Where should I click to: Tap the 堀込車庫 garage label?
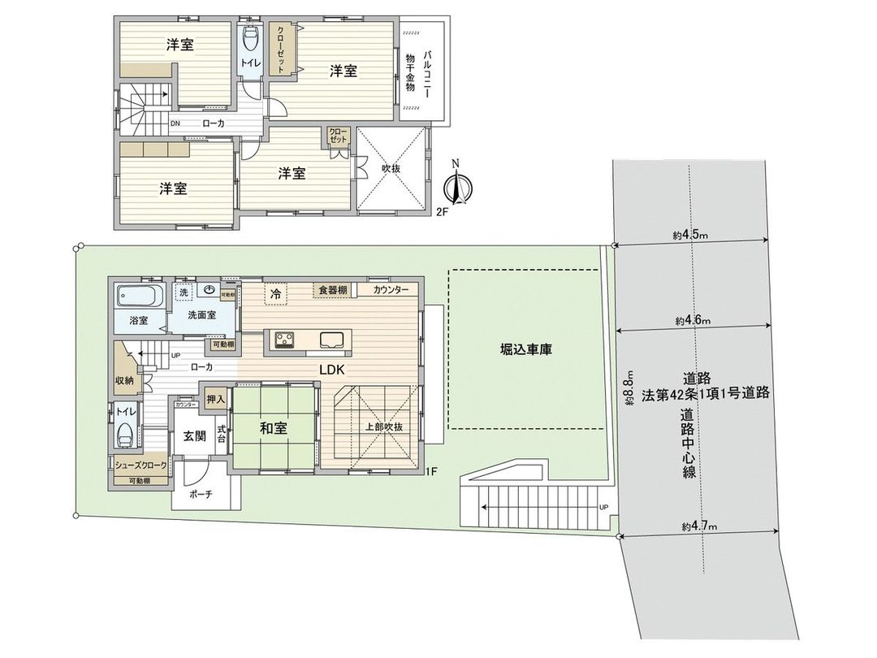(x=525, y=351)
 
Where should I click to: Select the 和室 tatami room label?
(x=273, y=429)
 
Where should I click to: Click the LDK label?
(x=334, y=369)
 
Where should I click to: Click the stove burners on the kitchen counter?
(x=286, y=338)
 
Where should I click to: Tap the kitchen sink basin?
(x=333, y=338)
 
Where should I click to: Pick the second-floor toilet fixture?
(x=250, y=39)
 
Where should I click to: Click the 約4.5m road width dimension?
(x=690, y=235)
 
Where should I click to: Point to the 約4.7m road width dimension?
(x=695, y=527)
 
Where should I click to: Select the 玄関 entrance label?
(x=194, y=435)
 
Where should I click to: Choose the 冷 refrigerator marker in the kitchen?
(x=275, y=293)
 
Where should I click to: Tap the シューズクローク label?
(x=140, y=465)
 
